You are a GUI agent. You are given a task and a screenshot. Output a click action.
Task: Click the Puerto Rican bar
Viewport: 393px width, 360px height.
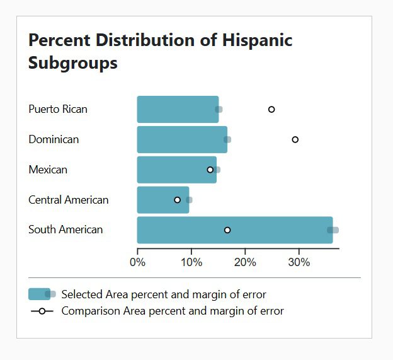pyautogui.click(x=178, y=109)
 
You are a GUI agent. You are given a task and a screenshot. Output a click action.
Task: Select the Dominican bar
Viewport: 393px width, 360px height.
pyautogui.click(x=182, y=139)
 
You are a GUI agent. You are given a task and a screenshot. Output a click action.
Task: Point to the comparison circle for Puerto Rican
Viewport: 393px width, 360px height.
pyautogui.click(x=271, y=109)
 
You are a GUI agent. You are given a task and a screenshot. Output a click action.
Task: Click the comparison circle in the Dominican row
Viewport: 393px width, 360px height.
pyautogui.click(x=295, y=139)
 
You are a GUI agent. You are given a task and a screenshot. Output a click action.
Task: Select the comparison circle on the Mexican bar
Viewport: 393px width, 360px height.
pyautogui.click(x=210, y=170)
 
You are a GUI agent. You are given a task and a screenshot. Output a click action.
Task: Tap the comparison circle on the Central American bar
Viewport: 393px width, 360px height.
pyautogui.click(x=177, y=200)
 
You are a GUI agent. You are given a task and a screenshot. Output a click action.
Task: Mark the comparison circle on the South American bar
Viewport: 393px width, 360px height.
pyautogui.click(x=227, y=230)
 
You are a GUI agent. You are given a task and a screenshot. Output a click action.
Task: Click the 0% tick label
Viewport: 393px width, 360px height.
pyautogui.click(x=137, y=262)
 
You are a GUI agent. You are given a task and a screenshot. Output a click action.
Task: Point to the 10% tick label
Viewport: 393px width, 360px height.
pyautogui.click(x=191, y=262)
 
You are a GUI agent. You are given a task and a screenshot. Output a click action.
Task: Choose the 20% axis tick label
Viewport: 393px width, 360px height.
pyautogui.click(x=245, y=262)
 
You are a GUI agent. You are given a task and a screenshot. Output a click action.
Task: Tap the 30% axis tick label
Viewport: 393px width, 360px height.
pyautogui.click(x=299, y=262)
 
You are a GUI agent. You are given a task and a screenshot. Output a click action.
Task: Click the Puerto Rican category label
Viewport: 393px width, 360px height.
pyautogui.click(x=58, y=109)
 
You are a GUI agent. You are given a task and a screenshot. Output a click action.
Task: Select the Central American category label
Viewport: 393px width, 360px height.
pyautogui.click(x=68, y=200)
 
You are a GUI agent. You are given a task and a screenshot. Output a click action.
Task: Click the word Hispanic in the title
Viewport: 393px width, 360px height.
pyautogui.click(x=257, y=40)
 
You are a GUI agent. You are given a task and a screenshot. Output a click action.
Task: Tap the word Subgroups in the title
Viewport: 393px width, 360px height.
pyautogui.click(x=73, y=64)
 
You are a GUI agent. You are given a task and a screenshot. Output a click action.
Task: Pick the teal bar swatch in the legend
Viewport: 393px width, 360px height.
pyautogui.click(x=39, y=294)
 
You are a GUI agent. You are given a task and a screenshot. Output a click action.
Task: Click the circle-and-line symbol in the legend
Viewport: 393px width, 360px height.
pyautogui.click(x=42, y=311)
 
